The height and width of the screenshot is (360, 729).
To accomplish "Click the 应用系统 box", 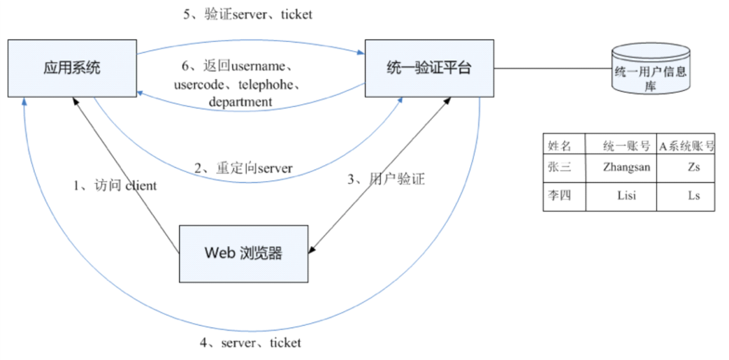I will (72, 67).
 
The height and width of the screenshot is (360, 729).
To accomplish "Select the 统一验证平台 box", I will (429, 67).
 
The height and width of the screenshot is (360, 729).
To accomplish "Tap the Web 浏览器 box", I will (243, 253).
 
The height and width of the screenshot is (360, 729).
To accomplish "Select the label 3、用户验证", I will (386, 179).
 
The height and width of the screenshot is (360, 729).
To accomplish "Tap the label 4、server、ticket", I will (251, 343).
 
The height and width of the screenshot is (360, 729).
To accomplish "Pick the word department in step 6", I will (240, 102).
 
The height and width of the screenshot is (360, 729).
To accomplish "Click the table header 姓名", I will (560, 145).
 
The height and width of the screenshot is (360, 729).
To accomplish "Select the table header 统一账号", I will (621, 145).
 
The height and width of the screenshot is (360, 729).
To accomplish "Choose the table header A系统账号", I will (686, 145).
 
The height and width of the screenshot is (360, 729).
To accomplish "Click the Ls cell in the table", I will (693, 195).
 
